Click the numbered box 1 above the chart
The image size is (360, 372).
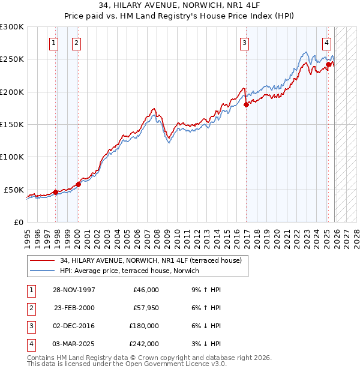pyautogui.click(x=54, y=43)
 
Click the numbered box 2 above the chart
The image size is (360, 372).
pyautogui.click(x=77, y=43)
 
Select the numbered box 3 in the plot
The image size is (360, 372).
pyautogui.click(x=245, y=43)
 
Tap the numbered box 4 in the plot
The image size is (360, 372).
pyautogui.click(x=326, y=43)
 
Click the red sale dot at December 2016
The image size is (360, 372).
pyautogui.click(x=247, y=104)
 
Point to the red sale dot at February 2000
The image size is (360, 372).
pyautogui.click(x=78, y=184)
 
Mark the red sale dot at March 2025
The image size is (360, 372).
pyautogui.click(x=328, y=64)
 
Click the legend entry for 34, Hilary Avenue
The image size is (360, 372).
pyautogui.click(x=150, y=260)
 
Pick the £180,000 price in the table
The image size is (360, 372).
pyautogui.click(x=144, y=326)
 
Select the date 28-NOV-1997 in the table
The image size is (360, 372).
pyautogui.click(x=74, y=290)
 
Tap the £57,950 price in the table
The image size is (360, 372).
pyautogui.click(x=144, y=308)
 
